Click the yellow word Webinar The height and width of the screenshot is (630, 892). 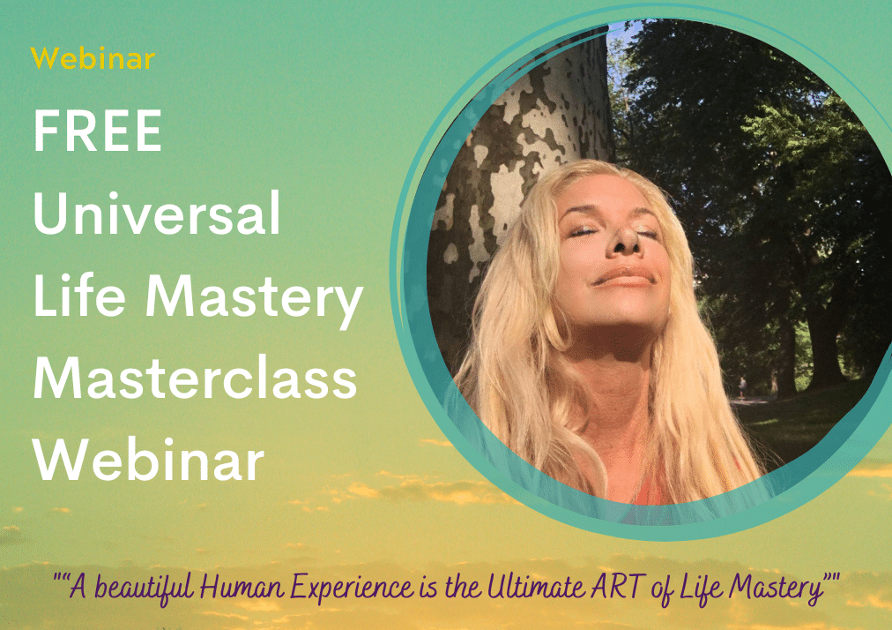[x=93, y=58]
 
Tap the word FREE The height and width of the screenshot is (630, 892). [x=98, y=131]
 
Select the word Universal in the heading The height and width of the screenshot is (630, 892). [x=157, y=213]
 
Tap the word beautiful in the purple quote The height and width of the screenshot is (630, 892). [x=144, y=588]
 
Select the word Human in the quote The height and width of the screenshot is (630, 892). [x=242, y=587]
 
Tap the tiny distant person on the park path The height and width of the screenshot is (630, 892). [x=742, y=386]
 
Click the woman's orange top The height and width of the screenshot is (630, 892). [x=654, y=490]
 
